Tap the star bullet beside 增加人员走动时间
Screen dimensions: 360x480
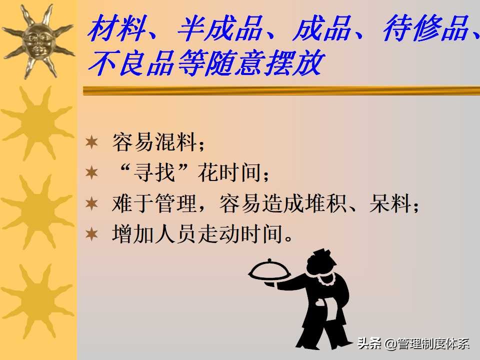click(91, 234)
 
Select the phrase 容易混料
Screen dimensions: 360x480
click(152, 144)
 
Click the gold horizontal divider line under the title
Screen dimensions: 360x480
click(280, 90)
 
